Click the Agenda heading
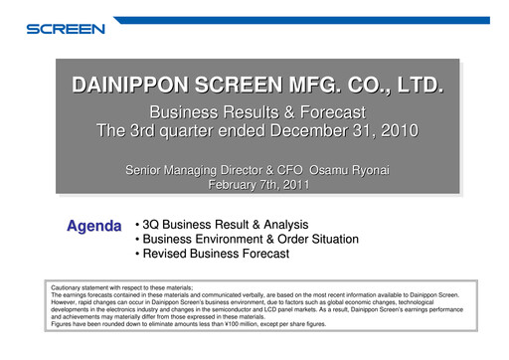(x=93, y=227)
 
